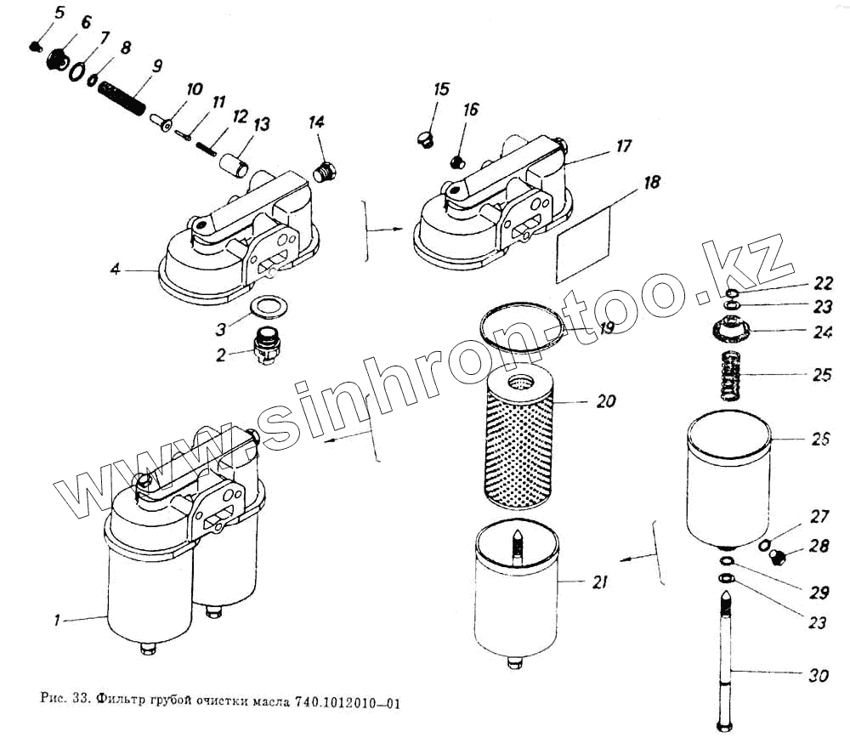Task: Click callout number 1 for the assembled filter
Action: tap(57, 621)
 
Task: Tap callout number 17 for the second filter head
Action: tap(623, 146)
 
